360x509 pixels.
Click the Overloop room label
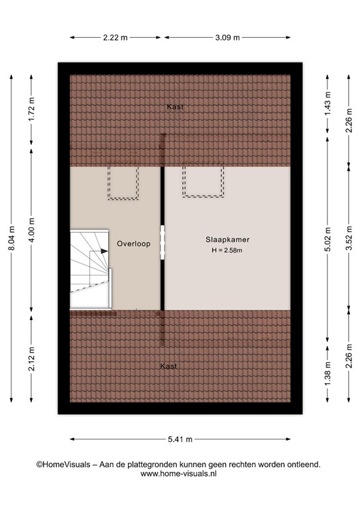[x=133, y=243]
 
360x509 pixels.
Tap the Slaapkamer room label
[x=227, y=239]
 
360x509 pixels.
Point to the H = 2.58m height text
[x=227, y=251]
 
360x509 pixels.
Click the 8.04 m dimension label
[x=12, y=238]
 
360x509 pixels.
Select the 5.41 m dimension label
[x=180, y=439]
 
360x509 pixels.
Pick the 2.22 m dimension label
[x=115, y=38]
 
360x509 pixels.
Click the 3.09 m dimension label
[x=227, y=38]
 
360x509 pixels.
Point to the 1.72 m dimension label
[x=31, y=109]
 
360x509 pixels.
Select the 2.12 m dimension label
[x=31, y=359]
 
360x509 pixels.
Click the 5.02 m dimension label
[x=328, y=239]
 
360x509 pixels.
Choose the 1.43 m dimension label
[x=328, y=103]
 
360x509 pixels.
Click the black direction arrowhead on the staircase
[x=104, y=251]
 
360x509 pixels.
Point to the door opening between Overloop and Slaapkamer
[x=162, y=243]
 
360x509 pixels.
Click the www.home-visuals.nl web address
[x=178, y=474]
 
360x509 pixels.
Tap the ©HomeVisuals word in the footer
[x=63, y=465]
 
